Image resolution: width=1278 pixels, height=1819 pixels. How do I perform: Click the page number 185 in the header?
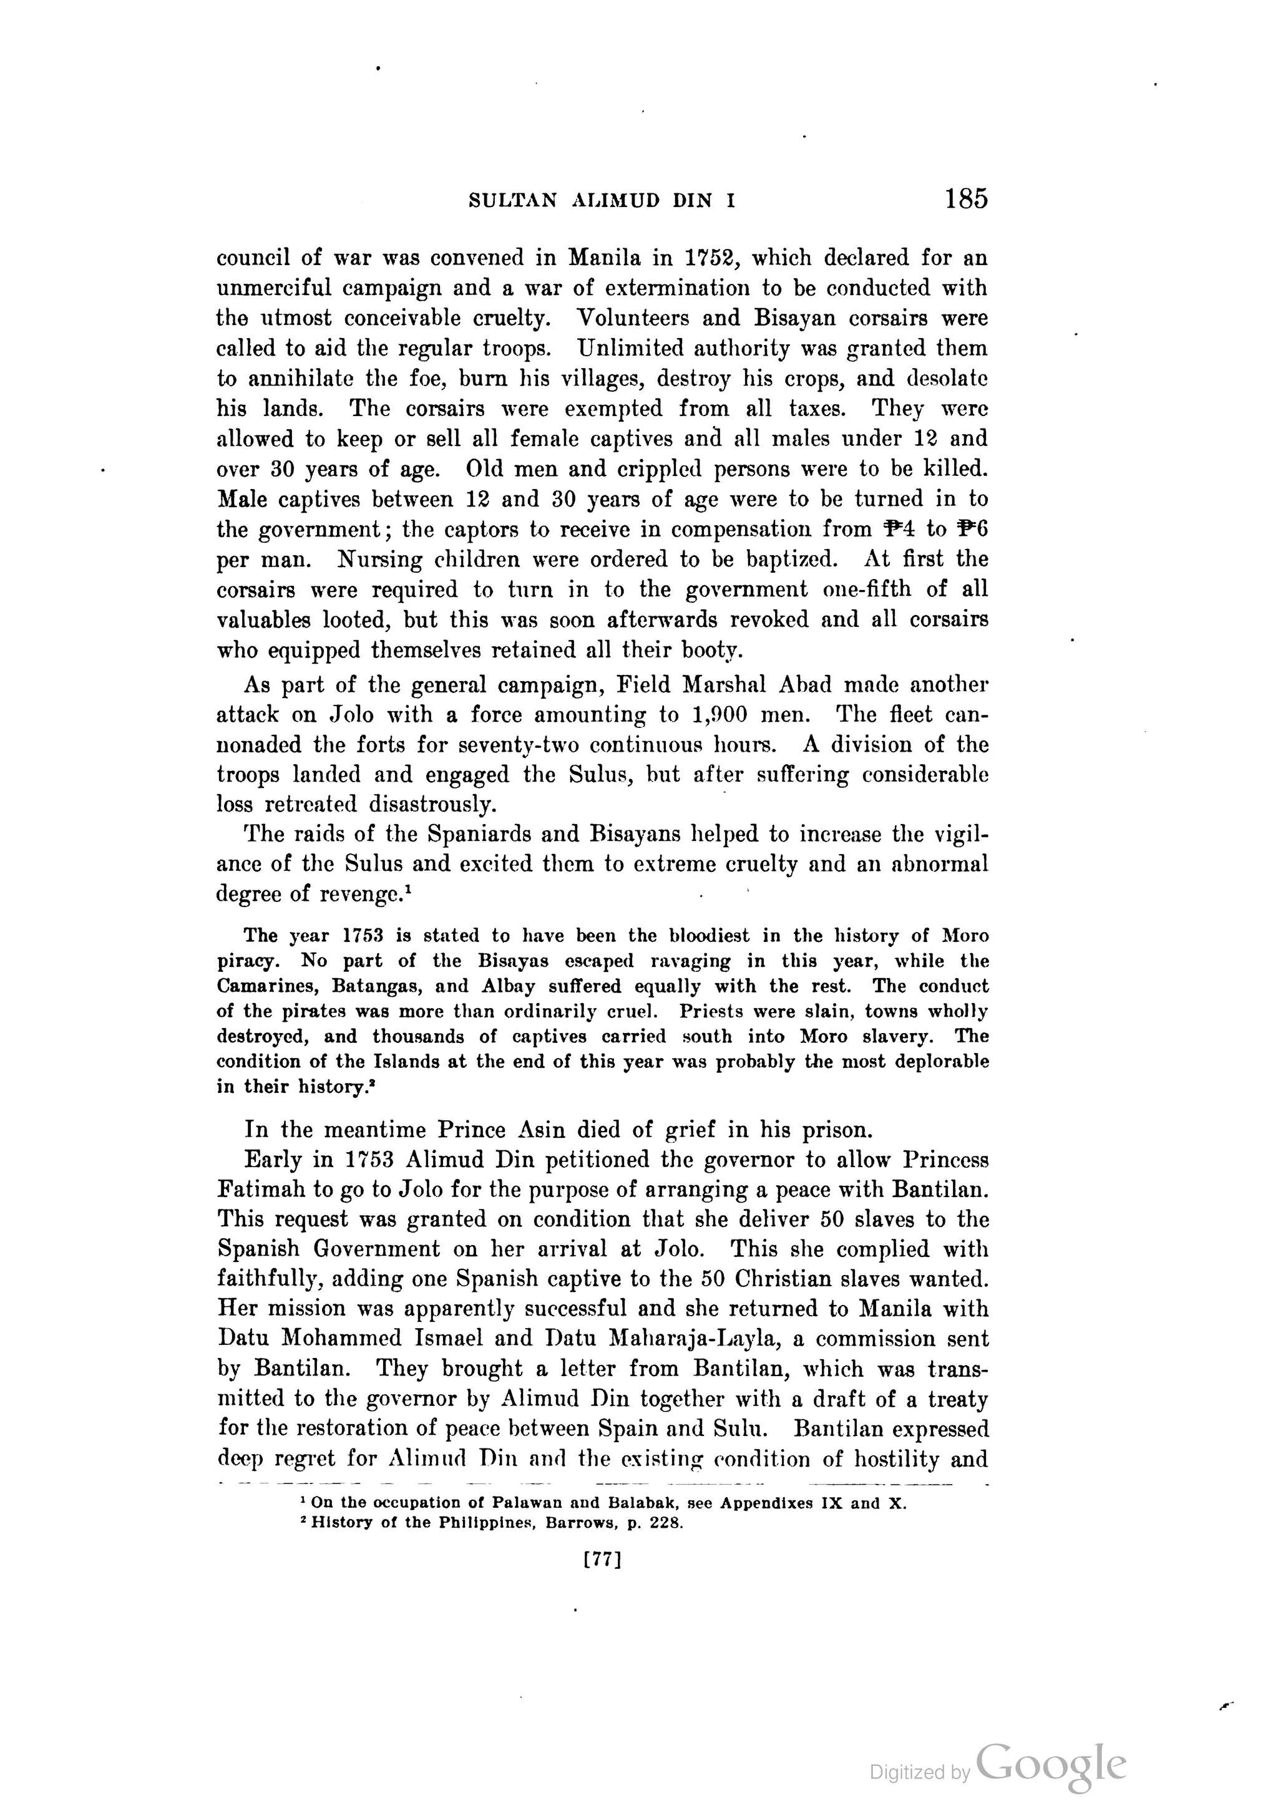(x=966, y=198)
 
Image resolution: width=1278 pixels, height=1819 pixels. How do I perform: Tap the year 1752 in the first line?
(x=711, y=258)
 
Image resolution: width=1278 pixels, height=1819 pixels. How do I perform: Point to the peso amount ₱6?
(x=973, y=529)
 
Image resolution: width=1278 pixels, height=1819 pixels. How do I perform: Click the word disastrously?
(x=432, y=805)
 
